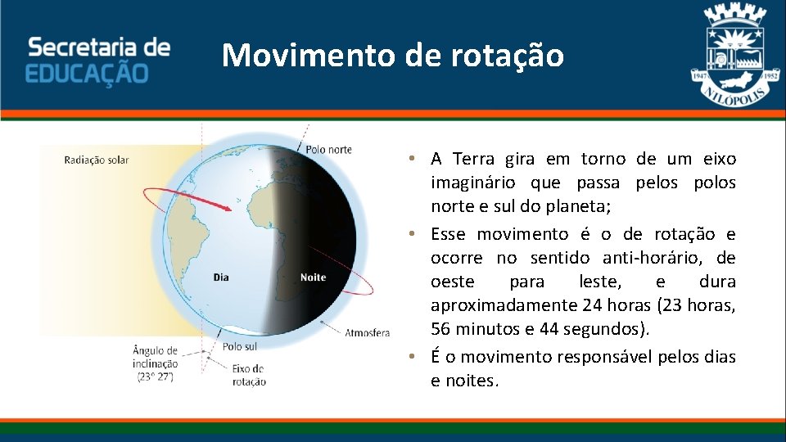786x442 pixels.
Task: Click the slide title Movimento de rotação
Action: click(393, 56)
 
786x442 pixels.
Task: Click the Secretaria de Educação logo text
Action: click(98, 59)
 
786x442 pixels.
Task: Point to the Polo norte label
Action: click(328, 149)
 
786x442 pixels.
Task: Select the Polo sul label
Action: click(239, 346)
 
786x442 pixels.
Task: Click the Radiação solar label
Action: click(96, 160)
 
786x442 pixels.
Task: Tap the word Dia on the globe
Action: click(221, 277)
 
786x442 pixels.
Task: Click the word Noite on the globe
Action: click(313, 277)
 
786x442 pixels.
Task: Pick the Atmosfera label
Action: click(367, 333)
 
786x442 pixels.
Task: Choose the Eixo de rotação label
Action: click(249, 375)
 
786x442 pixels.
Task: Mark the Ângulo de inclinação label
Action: click(155, 357)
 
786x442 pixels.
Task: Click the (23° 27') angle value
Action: click(155, 377)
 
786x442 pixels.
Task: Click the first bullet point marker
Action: click(417, 159)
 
